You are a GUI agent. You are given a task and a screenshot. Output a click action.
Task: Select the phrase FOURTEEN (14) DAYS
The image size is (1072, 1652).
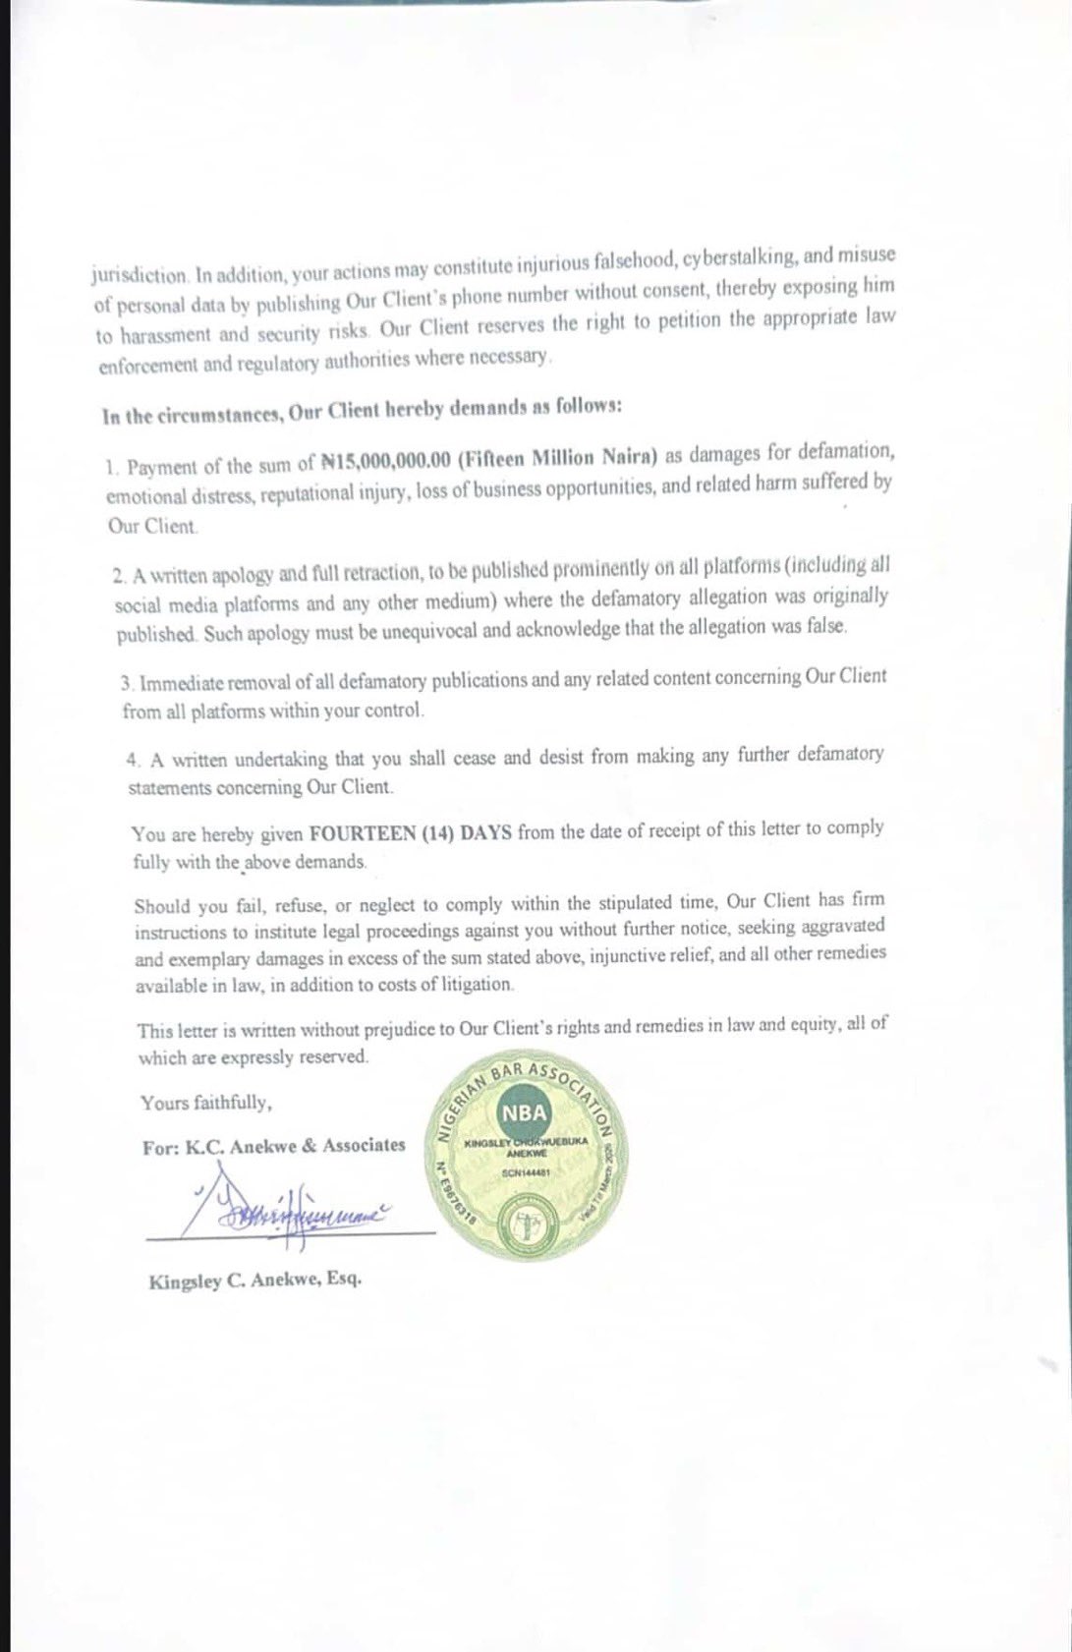coord(411,833)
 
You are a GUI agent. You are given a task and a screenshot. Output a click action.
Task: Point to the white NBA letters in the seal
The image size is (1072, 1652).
coord(524,1114)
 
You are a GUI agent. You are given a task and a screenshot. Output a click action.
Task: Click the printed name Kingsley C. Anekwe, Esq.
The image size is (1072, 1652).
coord(254,1281)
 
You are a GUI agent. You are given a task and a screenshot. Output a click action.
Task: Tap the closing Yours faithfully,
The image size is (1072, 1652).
coord(206,1103)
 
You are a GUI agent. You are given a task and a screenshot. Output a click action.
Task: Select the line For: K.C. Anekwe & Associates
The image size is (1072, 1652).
coord(273,1146)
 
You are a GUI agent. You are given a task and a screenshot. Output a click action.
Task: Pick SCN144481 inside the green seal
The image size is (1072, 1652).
coord(526,1172)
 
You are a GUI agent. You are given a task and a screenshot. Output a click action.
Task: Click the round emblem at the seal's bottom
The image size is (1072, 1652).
coord(528,1225)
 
